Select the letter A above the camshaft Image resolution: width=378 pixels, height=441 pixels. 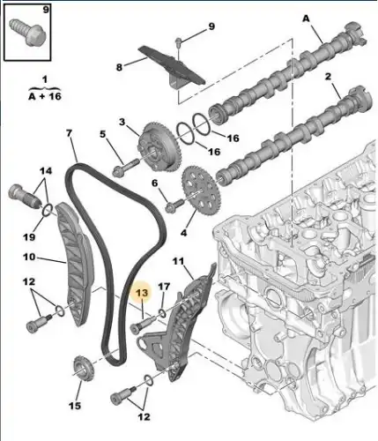click(x=306, y=17)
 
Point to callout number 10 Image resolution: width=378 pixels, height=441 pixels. click(x=28, y=258)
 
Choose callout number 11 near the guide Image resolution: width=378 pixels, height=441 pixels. click(x=177, y=261)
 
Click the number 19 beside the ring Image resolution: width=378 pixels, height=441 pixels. click(x=29, y=236)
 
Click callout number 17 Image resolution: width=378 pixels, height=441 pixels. click(x=162, y=287)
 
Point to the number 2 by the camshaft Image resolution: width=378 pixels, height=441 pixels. click(x=330, y=78)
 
